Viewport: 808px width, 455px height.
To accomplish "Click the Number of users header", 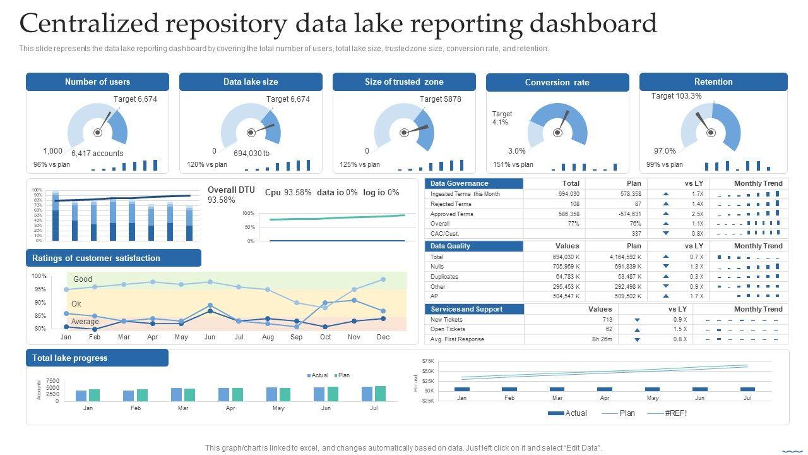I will (97, 82).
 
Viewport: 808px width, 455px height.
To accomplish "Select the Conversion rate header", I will (557, 82).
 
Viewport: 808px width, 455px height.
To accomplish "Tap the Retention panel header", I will (713, 82).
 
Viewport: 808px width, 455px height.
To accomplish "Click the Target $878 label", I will (441, 99).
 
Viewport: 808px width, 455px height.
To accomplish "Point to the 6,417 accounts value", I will (97, 154).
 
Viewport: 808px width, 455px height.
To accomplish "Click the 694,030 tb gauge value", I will (251, 154).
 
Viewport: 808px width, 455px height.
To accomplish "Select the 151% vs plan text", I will (513, 165).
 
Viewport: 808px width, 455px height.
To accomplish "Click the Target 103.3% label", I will (676, 96).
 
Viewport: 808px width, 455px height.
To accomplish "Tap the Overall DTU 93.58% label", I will (231, 195).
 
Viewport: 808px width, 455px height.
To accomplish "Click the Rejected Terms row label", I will (451, 204).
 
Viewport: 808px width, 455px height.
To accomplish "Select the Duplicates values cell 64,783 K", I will (569, 277).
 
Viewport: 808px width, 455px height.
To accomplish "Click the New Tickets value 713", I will (607, 320).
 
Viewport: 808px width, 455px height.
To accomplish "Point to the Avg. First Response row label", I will (457, 339).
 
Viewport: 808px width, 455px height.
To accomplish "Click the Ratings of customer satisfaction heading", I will (96, 258).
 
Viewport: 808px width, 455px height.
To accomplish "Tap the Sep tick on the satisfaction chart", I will (296, 337).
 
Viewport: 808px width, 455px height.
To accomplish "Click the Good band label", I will (83, 279).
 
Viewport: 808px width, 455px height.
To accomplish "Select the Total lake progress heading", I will (70, 358).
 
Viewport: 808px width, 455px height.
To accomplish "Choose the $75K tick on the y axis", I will (428, 361).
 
